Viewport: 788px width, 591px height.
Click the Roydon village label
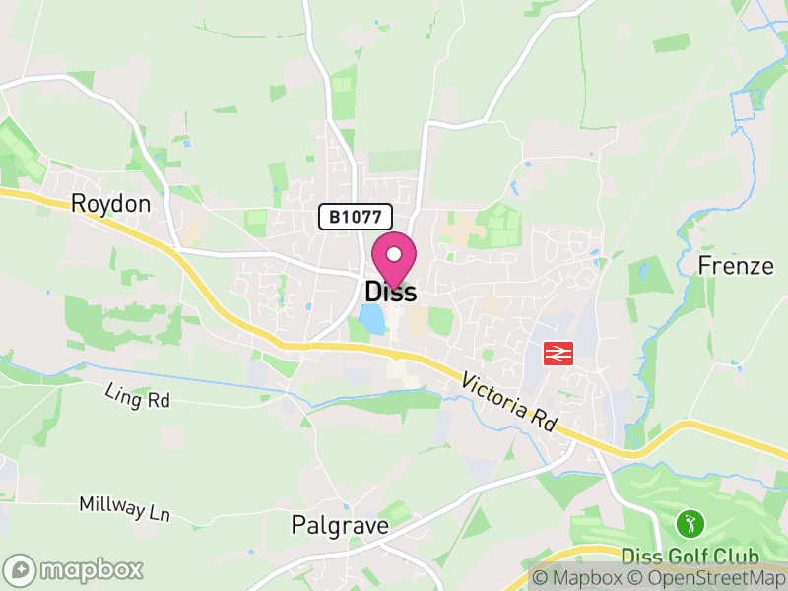click(x=111, y=204)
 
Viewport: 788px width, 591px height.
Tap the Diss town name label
click(x=390, y=293)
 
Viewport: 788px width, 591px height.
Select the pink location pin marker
click(x=394, y=259)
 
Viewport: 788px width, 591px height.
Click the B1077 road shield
click(x=355, y=217)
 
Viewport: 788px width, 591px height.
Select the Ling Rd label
click(x=138, y=398)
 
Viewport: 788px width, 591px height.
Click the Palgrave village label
click(x=340, y=526)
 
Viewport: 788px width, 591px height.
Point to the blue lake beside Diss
click(x=371, y=318)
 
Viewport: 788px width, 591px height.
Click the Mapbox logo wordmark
click(x=92, y=569)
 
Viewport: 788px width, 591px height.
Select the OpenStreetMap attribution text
click(x=711, y=579)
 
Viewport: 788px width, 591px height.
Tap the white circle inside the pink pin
click(x=394, y=252)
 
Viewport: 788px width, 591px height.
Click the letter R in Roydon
click(x=79, y=204)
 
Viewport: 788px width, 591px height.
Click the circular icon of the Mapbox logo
click(x=20, y=569)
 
